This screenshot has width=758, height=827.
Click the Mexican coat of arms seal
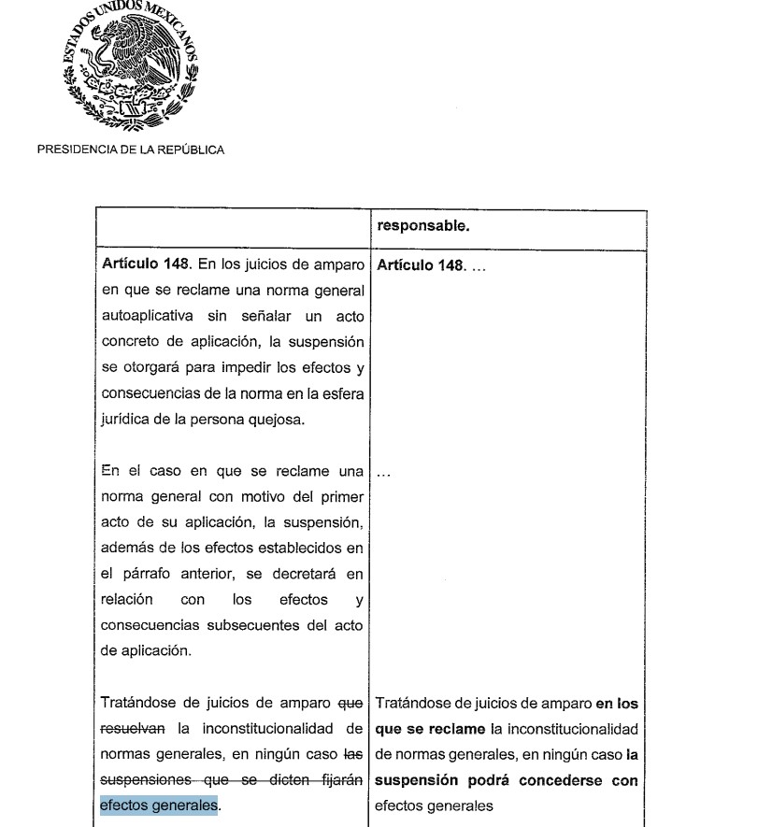click(130, 71)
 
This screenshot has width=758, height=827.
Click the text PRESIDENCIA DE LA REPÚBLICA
click(131, 150)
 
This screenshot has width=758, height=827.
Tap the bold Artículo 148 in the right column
click(420, 265)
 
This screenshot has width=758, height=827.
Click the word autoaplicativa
click(145, 316)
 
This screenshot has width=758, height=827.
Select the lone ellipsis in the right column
click(382, 472)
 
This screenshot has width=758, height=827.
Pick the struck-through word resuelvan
click(134, 728)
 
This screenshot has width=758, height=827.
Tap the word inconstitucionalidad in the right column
click(565, 728)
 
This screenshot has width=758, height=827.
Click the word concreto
click(131, 342)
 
